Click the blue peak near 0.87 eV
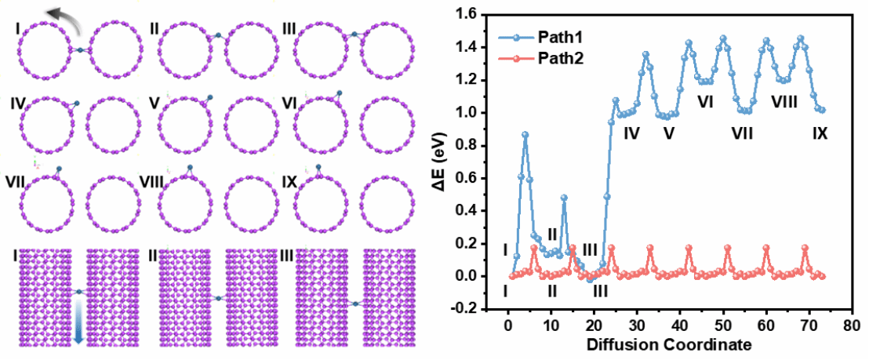click(x=525, y=135)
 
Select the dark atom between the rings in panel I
click(x=79, y=50)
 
